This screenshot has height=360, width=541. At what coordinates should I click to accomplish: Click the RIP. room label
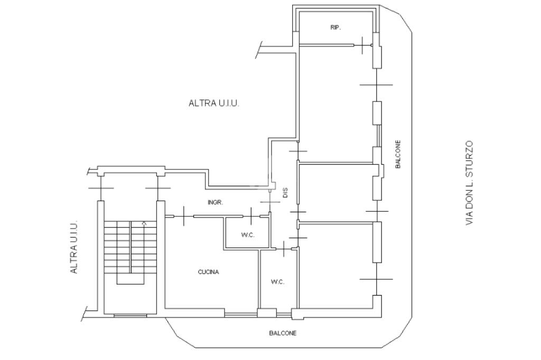(x=335, y=27)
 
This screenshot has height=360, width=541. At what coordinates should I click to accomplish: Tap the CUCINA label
(x=208, y=272)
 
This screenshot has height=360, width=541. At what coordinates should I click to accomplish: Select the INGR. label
(x=216, y=203)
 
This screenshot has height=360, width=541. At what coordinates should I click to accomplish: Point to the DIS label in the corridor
(x=285, y=193)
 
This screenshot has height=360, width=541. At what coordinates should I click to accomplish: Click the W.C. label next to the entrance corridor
(x=248, y=235)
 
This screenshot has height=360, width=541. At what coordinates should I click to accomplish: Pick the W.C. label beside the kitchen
(x=277, y=282)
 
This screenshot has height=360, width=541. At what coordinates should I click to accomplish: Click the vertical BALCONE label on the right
(x=398, y=154)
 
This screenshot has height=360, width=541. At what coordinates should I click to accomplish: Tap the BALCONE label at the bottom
(x=283, y=334)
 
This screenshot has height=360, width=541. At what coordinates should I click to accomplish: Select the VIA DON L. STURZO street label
(x=469, y=183)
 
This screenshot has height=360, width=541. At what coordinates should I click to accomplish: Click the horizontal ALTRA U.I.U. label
(x=214, y=103)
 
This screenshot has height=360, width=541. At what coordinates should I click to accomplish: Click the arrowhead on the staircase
(x=144, y=224)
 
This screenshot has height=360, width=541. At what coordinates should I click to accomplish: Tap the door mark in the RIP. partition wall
(x=362, y=45)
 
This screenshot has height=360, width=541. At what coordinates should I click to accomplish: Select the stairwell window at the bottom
(x=130, y=315)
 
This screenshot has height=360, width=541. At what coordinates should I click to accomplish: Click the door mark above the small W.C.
(x=251, y=216)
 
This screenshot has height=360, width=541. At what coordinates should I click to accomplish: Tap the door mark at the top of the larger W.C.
(x=284, y=249)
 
